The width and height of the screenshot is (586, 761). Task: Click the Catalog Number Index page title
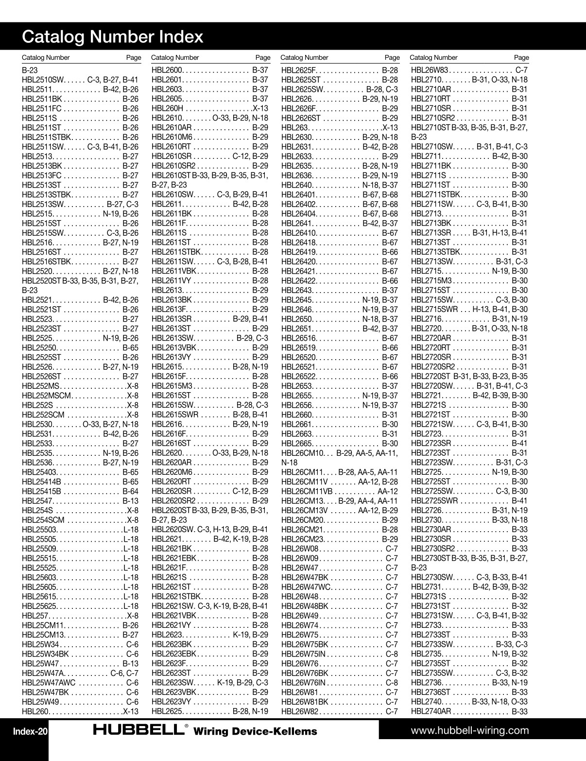pos(113,37)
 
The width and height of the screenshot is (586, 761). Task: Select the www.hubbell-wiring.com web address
pos(470,730)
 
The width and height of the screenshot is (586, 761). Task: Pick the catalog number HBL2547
pos(37,501)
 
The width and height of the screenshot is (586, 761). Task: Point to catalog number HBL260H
pos(167,108)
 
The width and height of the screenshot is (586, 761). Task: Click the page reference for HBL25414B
pos(130,482)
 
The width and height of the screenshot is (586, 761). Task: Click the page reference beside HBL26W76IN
pos(392,683)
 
